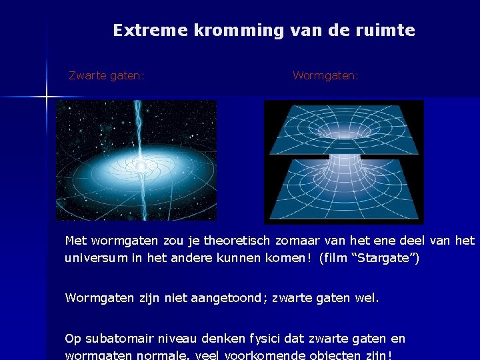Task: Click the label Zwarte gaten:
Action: point(107,76)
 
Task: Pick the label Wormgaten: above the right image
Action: point(325,76)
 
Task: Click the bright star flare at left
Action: point(47,97)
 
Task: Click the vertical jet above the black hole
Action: point(139,127)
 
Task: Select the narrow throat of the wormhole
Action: point(343,159)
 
